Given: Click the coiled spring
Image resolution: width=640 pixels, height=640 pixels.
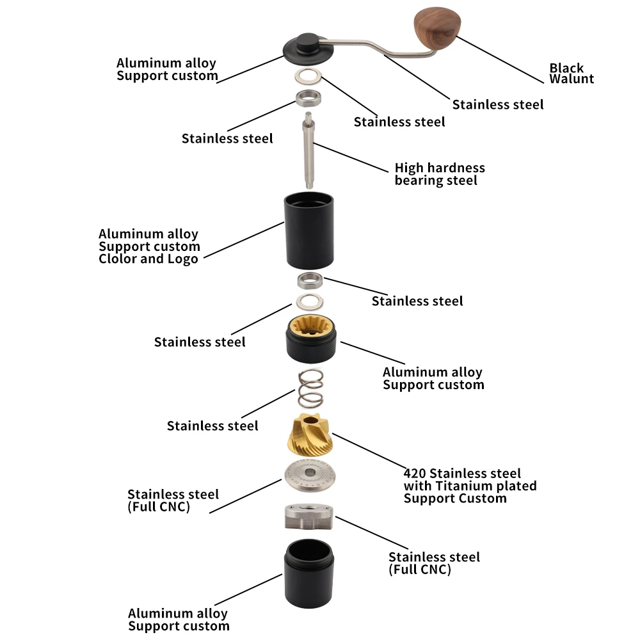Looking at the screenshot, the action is pyautogui.click(x=310, y=388).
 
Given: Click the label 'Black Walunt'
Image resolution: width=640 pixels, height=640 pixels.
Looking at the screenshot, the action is pyautogui.click(x=571, y=73).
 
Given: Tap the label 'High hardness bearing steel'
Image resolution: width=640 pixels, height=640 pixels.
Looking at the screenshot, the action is pyautogui.click(x=440, y=174).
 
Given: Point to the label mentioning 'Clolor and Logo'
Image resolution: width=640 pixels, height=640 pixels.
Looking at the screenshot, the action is pyautogui.click(x=149, y=246).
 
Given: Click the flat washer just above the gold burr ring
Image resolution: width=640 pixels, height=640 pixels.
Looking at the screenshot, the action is pyautogui.click(x=310, y=301).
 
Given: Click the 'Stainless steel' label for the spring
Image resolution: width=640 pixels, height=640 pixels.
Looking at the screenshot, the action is pyautogui.click(x=212, y=426).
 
